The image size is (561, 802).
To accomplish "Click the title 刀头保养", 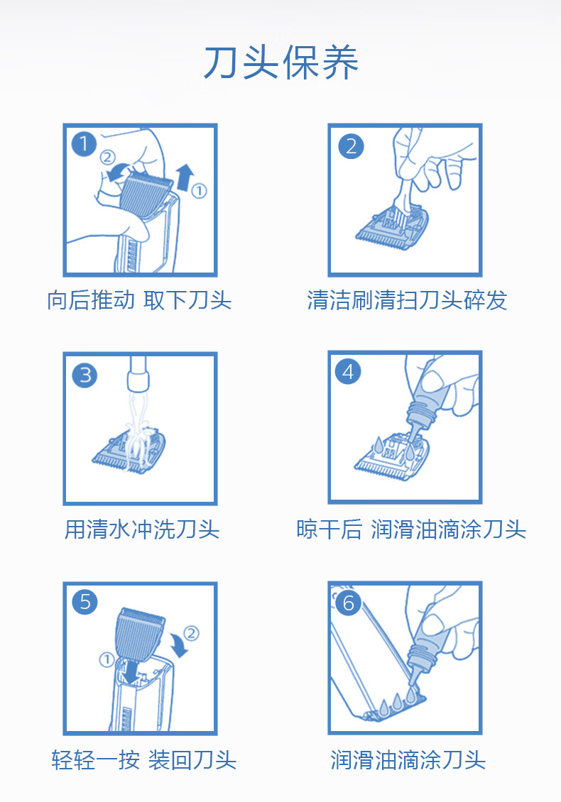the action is (281, 62).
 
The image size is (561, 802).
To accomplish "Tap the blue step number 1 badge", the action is (84, 144).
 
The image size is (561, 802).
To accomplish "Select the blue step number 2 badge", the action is (351, 146).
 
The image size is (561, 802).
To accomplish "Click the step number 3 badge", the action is (85, 375).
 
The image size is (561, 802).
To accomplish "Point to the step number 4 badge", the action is (347, 372).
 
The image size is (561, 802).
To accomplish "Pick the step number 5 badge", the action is (85, 602).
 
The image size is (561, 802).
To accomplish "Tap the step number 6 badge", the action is (349, 603).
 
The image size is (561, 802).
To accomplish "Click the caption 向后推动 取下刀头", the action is (139, 300).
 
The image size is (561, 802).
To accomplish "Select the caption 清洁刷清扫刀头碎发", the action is (407, 300).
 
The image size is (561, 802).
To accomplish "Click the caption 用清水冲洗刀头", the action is (142, 529).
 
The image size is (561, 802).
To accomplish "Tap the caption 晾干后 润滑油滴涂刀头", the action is (411, 529).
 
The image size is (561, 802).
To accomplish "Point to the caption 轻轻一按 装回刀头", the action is (144, 759).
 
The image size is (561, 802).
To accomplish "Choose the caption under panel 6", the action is (408, 759).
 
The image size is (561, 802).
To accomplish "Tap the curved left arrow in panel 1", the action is (118, 171).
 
